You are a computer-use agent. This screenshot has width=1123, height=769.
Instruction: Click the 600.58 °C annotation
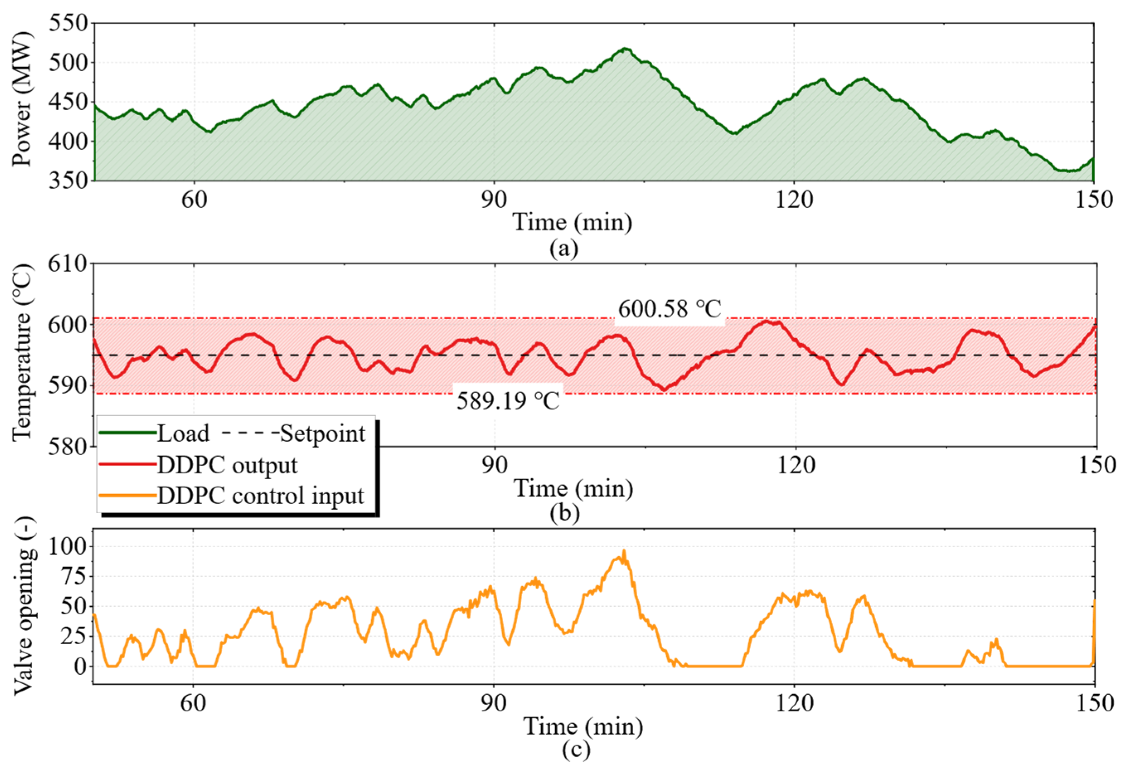click(670, 309)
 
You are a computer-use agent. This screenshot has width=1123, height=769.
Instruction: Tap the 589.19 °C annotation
click(508, 401)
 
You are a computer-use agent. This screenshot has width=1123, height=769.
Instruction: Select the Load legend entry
click(154, 433)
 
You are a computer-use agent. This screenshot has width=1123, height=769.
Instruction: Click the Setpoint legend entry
click(293, 433)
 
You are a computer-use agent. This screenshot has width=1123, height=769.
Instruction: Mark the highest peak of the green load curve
click(624, 49)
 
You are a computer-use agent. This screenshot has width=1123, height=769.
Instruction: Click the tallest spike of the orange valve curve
click(624, 550)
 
